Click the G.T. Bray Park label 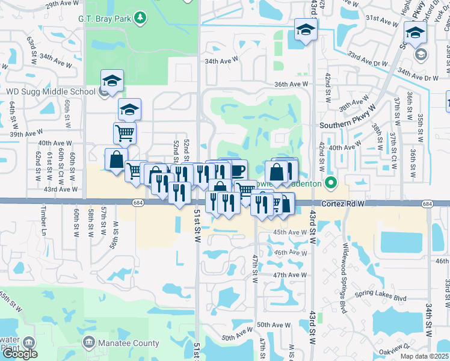(x=105, y=18)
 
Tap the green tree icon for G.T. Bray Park (x=140, y=17)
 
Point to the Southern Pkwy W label (x=348, y=125)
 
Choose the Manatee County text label (x=130, y=344)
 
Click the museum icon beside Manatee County (x=88, y=343)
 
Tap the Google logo (x=20, y=354)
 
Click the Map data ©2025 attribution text (x=424, y=356)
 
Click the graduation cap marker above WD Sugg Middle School (x=112, y=80)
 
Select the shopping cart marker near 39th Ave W (x=125, y=133)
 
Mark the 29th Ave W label (x=62, y=5)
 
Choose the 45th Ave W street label (x=290, y=232)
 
